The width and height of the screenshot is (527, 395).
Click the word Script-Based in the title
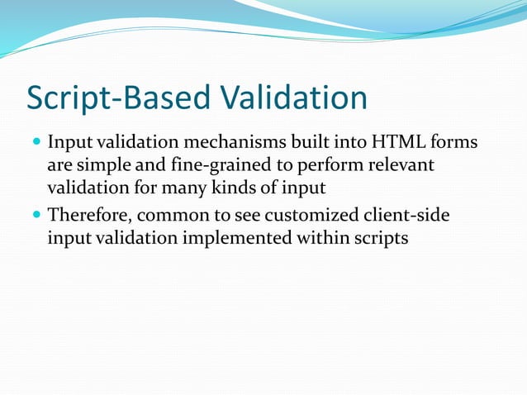tap(109, 98)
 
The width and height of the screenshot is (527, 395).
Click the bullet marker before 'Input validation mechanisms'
tap(36, 144)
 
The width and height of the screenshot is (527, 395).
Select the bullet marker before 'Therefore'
tap(36, 217)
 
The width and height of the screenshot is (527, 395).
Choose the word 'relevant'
tap(398, 167)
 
